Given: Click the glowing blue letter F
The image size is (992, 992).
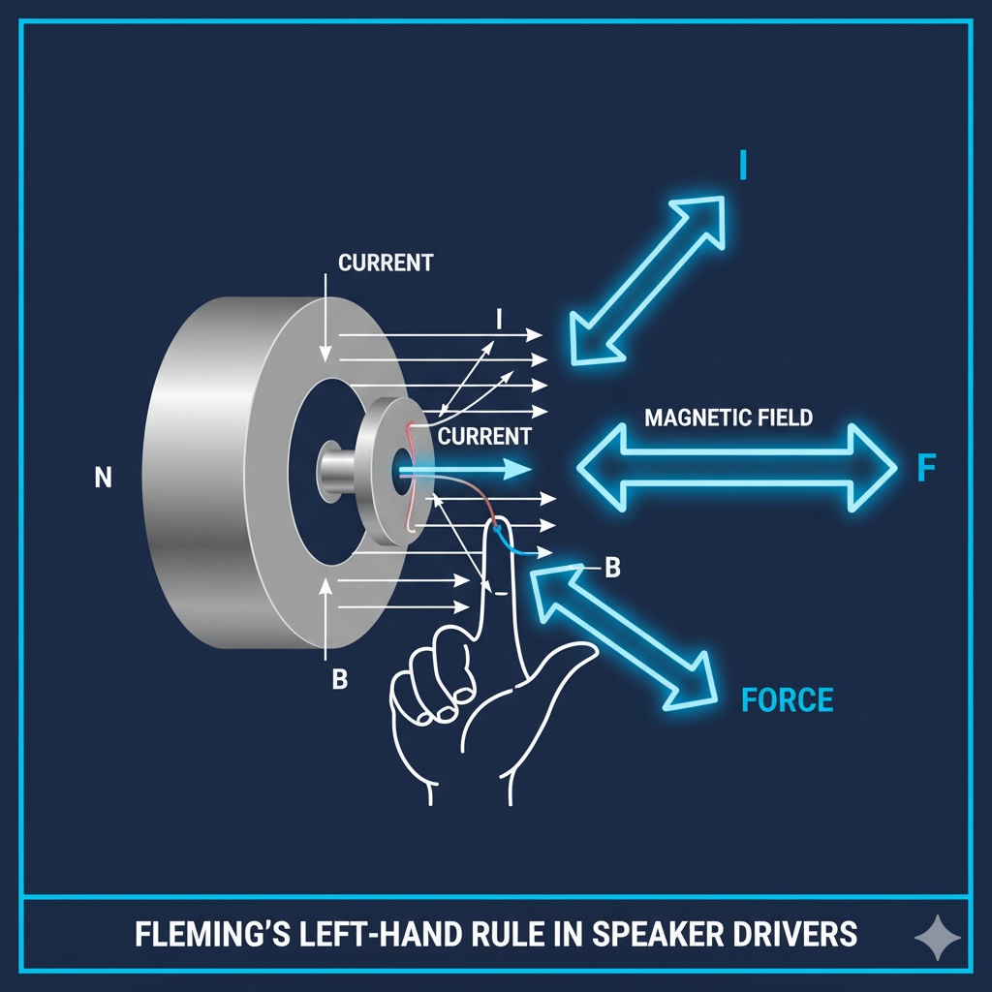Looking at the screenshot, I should tap(926, 469).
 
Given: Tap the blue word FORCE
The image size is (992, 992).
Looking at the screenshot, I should tap(787, 698).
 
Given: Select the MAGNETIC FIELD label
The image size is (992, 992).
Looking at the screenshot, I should tap(728, 418).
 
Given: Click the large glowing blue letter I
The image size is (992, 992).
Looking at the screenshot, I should tap(742, 166).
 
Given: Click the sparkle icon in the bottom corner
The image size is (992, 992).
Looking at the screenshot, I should tap(938, 938).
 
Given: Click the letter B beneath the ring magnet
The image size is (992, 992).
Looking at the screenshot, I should tap(339, 679).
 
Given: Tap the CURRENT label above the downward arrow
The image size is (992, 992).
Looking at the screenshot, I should tap(386, 263).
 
